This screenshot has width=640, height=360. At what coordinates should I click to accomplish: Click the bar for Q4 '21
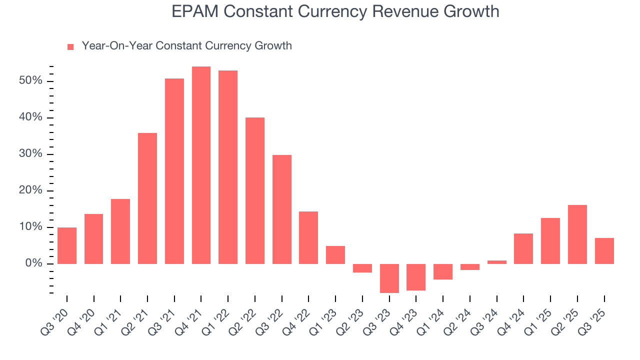click(201, 165)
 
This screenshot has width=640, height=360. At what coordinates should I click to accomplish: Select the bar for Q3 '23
click(389, 278)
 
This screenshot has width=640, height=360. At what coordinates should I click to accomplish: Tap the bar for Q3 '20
click(67, 245)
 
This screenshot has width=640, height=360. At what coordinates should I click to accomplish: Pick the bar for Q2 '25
click(577, 234)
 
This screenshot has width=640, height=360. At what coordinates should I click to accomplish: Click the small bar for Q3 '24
click(496, 262)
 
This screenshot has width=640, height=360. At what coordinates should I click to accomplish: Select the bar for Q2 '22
click(255, 190)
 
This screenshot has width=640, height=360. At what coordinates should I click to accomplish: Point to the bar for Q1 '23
click(335, 254)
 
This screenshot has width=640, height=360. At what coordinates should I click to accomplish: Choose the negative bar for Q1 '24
click(443, 271)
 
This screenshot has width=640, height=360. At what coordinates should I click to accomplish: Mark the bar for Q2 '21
click(147, 198)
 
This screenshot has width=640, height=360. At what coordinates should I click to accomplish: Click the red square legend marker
click(70, 46)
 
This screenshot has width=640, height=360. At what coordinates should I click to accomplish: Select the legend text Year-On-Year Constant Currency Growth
click(186, 46)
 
